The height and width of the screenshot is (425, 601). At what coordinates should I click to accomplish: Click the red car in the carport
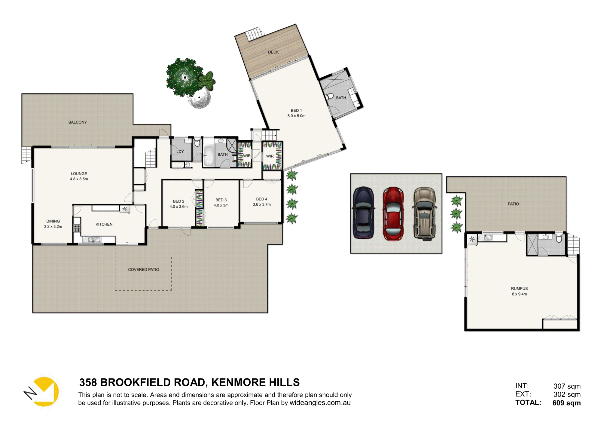pos(393,213)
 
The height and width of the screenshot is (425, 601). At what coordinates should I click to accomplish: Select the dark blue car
pos(364,212)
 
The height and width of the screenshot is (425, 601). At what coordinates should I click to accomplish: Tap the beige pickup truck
pos(424,213)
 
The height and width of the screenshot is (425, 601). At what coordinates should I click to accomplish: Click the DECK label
pos(273,52)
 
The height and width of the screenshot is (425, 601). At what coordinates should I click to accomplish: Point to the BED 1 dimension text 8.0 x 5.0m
pos(296,116)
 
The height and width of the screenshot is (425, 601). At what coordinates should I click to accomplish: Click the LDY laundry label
pos(180,151)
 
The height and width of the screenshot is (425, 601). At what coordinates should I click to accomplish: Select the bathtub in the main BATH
pos(208,156)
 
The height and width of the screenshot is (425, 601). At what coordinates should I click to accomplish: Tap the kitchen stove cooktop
pos(77,228)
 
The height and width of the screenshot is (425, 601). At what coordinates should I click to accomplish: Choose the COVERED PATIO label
pos(143,270)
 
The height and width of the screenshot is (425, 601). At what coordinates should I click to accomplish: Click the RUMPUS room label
pos(519,289)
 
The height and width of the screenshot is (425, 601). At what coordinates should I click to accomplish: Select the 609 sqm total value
pos(566,403)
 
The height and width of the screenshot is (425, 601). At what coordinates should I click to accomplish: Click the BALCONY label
pos(78,122)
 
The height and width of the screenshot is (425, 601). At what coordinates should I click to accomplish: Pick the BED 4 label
pos(261,199)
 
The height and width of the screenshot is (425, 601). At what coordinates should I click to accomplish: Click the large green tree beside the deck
pos(184,77)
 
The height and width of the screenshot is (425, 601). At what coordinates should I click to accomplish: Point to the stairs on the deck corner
pos(253,34)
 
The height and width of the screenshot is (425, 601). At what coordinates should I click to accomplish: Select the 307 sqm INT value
pos(567,386)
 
